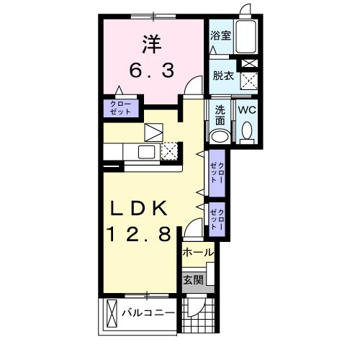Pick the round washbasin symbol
tap(220, 137)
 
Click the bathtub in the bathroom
tap(248, 35)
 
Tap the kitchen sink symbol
tap(146, 152)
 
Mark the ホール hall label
tap(197, 253)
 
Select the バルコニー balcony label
tap(148, 314)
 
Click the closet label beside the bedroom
tap(120, 109)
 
